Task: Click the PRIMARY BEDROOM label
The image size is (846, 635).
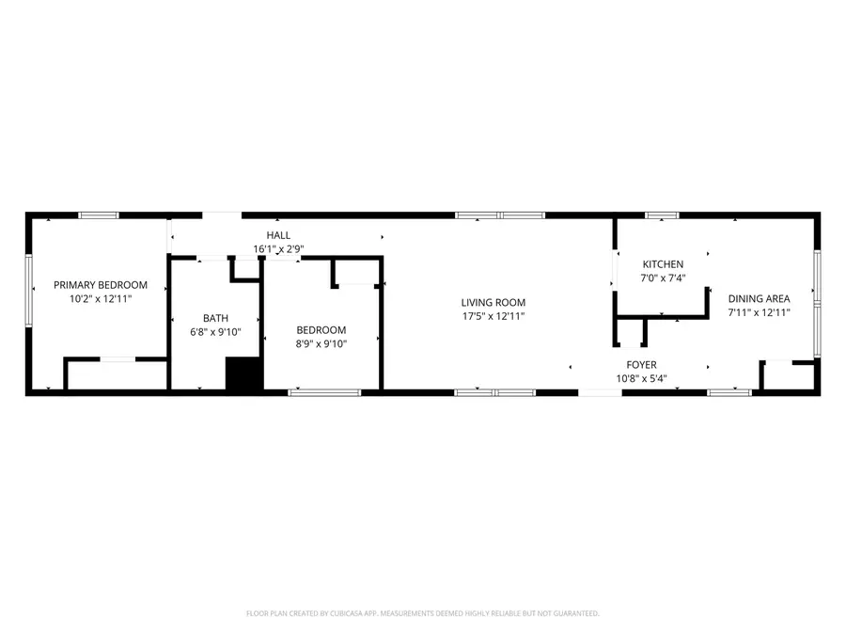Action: pyautogui.click(x=101, y=285)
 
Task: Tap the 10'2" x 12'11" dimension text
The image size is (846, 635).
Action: pyautogui.click(x=101, y=298)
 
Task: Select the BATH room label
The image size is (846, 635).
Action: pyautogui.click(x=215, y=319)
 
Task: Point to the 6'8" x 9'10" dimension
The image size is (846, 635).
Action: pyautogui.click(x=215, y=332)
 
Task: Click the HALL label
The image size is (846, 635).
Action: pyautogui.click(x=278, y=235)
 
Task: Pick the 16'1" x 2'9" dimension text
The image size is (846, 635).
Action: pyautogui.click(x=278, y=249)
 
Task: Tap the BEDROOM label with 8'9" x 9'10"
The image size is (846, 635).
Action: pyautogui.click(x=321, y=330)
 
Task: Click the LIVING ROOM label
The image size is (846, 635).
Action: pyautogui.click(x=493, y=303)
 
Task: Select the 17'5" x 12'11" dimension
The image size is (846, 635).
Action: pyautogui.click(x=493, y=316)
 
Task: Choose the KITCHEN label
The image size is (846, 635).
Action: pyautogui.click(x=663, y=264)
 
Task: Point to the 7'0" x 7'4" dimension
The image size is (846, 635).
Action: pyautogui.click(x=663, y=278)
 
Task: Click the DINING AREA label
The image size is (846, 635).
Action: pyautogui.click(x=760, y=298)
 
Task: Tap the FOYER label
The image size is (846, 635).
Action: pyautogui.click(x=641, y=365)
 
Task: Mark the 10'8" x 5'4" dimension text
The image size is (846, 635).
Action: pyautogui.click(x=641, y=378)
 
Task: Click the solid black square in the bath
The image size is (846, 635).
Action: pyautogui.click(x=243, y=373)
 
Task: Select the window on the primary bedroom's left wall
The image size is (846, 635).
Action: pyautogui.click(x=28, y=291)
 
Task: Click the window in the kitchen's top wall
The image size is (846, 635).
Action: pyautogui.click(x=662, y=215)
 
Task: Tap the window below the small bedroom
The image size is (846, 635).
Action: pyautogui.click(x=324, y=392)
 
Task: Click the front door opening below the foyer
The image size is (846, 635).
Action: pyautogui.click(x=600, y=392)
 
